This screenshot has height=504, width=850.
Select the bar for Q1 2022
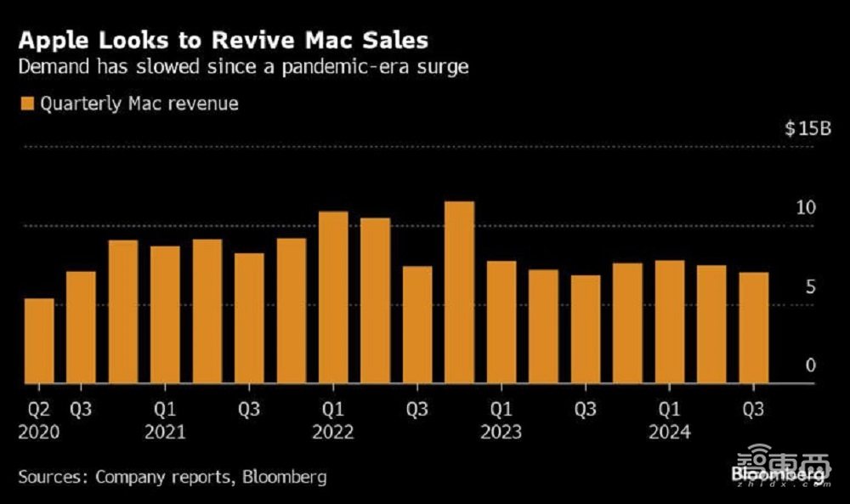pos(333,297)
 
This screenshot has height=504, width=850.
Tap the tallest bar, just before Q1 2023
pos(459,292)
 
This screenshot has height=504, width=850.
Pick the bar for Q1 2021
pos(165,314)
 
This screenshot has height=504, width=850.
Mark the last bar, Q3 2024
pos(753,327)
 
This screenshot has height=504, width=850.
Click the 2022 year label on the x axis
pos(333,433)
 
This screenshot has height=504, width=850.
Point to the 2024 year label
pos(670,433)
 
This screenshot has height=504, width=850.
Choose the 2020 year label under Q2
pos(39,433)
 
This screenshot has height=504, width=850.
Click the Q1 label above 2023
pos(501,410)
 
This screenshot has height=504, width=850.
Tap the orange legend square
pos(24,104)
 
